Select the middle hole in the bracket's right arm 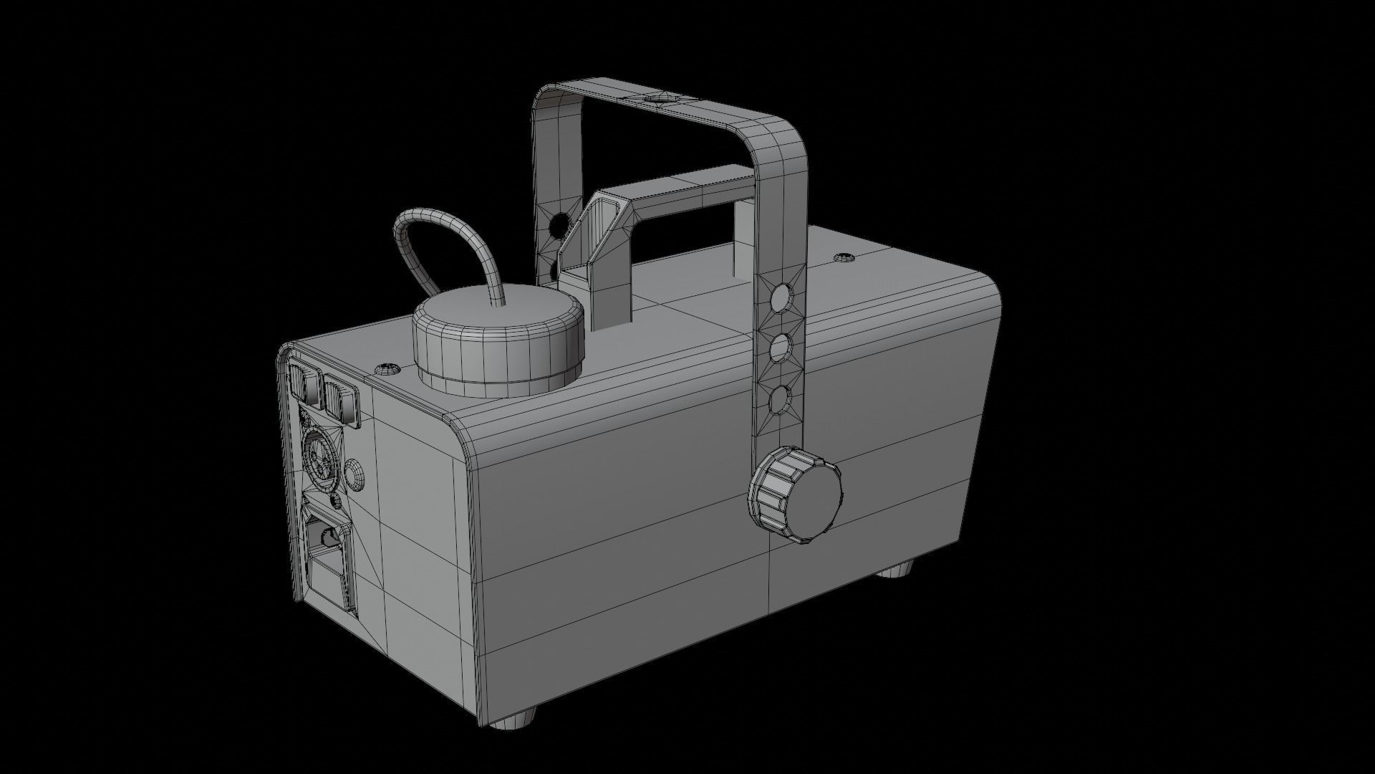781,349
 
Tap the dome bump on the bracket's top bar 657,99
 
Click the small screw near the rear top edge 387,370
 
